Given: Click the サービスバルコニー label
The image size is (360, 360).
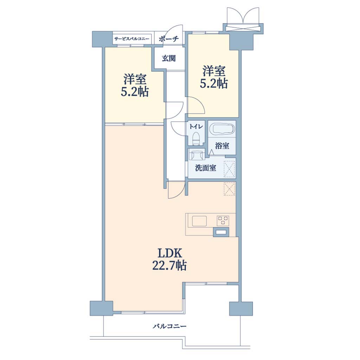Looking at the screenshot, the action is pos(132,39).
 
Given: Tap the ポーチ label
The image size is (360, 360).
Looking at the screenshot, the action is pos(169,39).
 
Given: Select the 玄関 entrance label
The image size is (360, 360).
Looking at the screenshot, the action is pos(169,58).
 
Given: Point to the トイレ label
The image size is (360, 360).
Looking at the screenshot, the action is pos(196,127).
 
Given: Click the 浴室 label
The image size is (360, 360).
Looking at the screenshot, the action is pos(222,146).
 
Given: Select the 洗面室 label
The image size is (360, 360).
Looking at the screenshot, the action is pos(205,168).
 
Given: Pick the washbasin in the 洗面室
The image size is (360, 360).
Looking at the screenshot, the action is pos(197,154).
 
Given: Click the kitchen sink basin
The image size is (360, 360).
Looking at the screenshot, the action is pos(199,221).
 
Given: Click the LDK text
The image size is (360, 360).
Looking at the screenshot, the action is pos(170,253).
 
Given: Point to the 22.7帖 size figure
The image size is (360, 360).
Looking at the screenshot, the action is pos(169,266).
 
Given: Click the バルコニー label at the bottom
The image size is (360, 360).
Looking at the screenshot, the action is pos(170,326).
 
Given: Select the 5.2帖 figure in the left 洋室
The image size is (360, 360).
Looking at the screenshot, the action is pos(135,92).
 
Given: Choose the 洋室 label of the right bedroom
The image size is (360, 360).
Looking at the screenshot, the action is pos(213,71).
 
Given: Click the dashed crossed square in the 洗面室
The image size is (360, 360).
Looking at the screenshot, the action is pos(230,169).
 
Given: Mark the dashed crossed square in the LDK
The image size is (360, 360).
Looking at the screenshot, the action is pos(230,189).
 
